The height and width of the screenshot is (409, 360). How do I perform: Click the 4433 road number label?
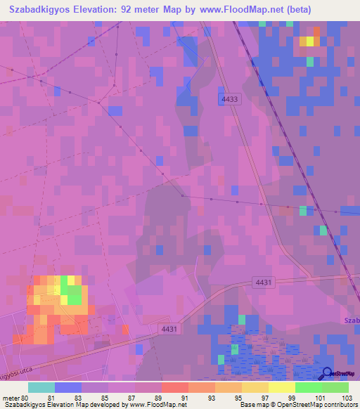pyautogui.click(x=230, y=100)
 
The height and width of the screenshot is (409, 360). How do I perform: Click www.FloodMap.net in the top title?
pyautogui.click(x=240, y=10)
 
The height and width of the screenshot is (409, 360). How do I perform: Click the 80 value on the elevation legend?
pyautogui.click(x=25, y=397)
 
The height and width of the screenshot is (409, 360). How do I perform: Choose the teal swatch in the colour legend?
pyautogui.click(x=41, y=387)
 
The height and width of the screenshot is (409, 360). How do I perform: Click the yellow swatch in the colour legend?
pyautogui.click(x=282, y=387)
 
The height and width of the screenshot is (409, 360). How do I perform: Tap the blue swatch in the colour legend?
pyautogui.click(x=68, y=387)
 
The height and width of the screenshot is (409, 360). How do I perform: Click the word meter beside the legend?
pyautogui.click(x=10, y=397)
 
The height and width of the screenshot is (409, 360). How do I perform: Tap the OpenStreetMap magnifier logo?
pyautogui.click(x=328, y=375)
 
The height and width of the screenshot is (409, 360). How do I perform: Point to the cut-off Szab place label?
pyautogui.click(x=352, y=320)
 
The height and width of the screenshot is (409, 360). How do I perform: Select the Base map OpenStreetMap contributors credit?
pyautogui.click(x=298, y=405)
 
